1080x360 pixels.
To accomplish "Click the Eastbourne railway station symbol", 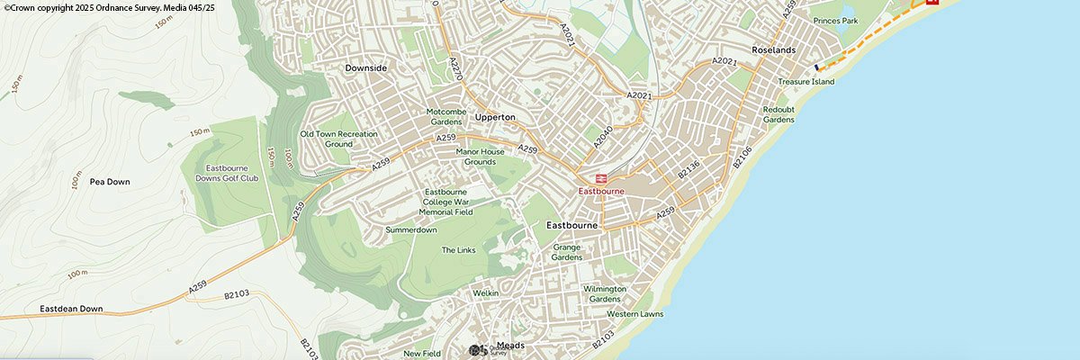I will (x=600, y=178).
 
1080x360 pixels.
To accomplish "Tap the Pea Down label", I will (x=110, y=182).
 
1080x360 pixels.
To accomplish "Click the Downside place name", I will (x=365, y=68).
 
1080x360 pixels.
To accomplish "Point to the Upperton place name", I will (x=494, y=118).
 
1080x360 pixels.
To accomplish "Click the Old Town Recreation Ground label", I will (x=338, y=139).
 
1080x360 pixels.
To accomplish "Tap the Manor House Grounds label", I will (x=481, y=157).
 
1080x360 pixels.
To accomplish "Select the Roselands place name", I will (x=774, y=50).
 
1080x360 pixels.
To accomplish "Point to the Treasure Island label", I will (x=806, y=82).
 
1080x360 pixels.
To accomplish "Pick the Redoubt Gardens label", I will (x=778, y=114).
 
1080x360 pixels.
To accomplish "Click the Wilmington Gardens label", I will (x=605, y=293).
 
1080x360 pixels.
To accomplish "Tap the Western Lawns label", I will (x=634, y=314).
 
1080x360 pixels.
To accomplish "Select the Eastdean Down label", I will (x=71, y=309).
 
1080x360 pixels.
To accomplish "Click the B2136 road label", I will (x=688, y=169).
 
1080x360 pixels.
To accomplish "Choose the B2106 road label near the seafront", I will (x=742, y=155).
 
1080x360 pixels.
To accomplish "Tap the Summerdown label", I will (x=411, y=230).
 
